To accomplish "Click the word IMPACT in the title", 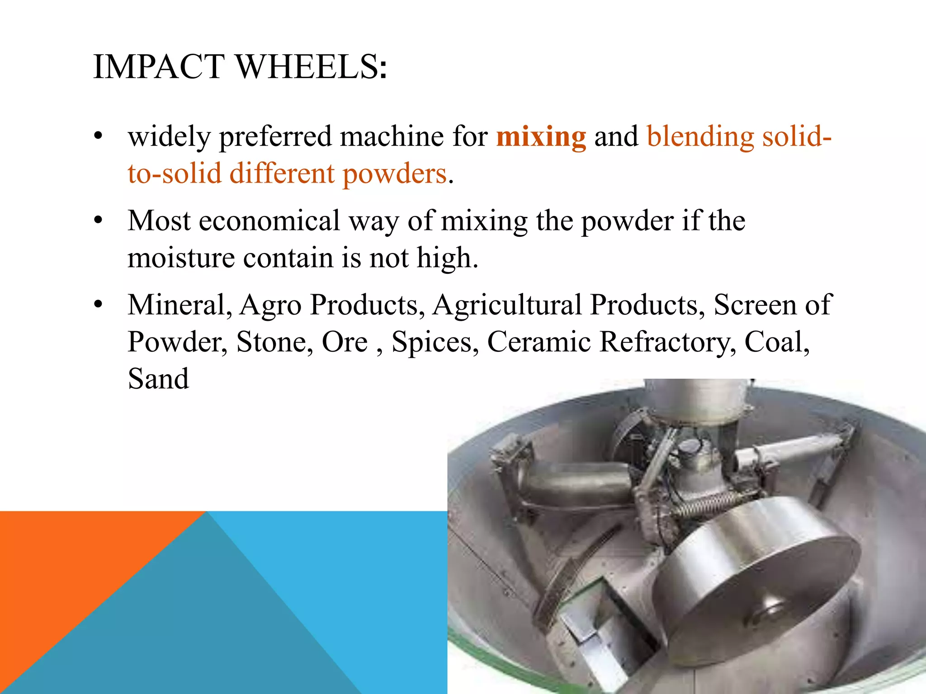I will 159,67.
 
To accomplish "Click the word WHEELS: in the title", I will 312,67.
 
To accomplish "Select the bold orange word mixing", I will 541,136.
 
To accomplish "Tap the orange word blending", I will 700,136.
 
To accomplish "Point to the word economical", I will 269,221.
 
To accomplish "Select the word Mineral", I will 180,305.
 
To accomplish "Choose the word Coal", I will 776,342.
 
